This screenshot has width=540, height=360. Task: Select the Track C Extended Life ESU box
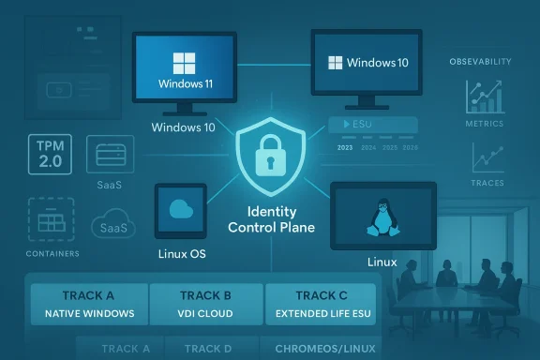pos(321,304)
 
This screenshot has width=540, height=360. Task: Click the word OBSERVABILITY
pos(481,61)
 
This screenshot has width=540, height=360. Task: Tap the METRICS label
pos(485,124)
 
